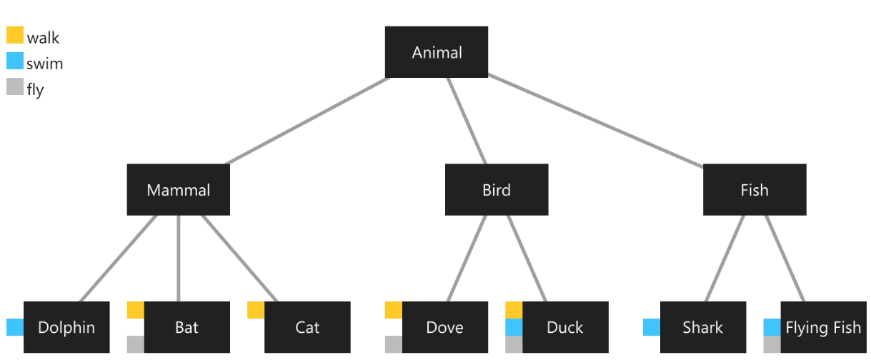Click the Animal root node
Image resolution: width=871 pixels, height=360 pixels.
[437, 52]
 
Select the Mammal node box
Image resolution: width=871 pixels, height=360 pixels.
[179, 190]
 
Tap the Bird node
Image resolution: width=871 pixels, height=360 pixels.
[497, 190]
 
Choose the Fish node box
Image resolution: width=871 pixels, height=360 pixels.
[755, 190]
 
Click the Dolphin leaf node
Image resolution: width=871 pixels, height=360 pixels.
[66, 327]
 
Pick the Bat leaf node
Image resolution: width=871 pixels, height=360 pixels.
[186, 327]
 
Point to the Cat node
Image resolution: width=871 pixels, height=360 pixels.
[307, 327]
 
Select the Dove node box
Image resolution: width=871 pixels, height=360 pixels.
[444, 327]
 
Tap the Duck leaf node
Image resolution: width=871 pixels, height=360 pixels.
[565, 327]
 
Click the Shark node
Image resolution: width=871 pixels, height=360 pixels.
[703, 327]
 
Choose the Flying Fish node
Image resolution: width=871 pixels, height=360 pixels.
[823, 327]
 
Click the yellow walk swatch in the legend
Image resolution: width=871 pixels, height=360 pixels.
[15, 35]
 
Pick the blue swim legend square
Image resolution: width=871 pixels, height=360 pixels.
[15, 61]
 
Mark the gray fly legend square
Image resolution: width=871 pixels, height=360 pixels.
[15, 86]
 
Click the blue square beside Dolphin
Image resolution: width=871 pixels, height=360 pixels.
[15, 327]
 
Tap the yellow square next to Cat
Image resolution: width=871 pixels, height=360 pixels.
[256, 310]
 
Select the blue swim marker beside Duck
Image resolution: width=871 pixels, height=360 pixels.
[514, 327]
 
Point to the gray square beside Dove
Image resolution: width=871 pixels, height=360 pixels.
[394, 344]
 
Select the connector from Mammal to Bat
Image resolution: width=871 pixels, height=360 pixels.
[178, 258]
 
